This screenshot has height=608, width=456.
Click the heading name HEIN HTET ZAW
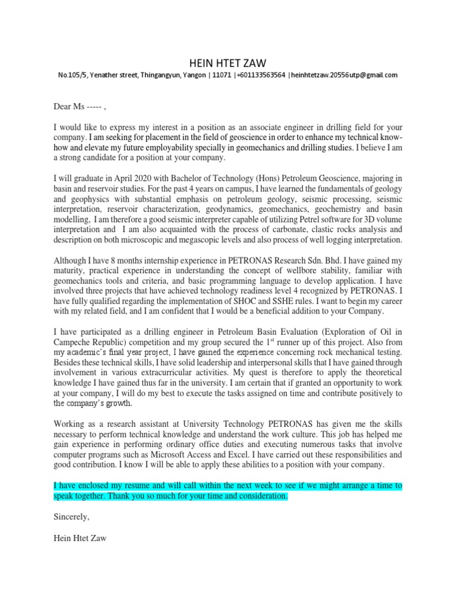pyautogui.click(x=227, y=62)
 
